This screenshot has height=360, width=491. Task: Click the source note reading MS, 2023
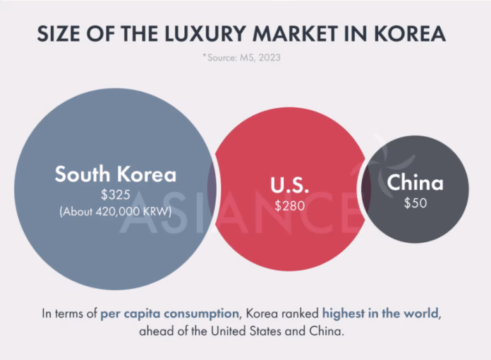[258, 57]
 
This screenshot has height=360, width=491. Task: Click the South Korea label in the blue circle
[116, 174]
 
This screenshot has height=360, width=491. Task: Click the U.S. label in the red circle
[290, 186]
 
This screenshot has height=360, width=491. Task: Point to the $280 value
[290, 206]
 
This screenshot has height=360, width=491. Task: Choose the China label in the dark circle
[415, 183]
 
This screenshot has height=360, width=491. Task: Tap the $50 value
[415, 203]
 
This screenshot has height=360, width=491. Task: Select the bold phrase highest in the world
[382, 313]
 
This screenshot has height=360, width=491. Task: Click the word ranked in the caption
[297, 313]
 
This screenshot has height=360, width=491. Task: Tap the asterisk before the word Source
[205, 56]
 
